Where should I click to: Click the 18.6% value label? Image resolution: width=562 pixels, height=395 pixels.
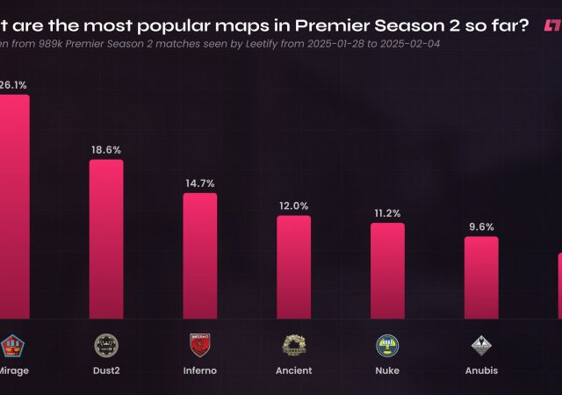[x=106, y=150]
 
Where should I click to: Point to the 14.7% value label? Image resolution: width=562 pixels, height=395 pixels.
[x=199, y=183]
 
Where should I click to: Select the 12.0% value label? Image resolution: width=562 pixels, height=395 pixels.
[x=293, y=206]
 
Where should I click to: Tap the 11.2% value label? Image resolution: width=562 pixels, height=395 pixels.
[x=387, y=213]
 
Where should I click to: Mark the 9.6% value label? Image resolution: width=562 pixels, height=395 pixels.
[x=481, y=227]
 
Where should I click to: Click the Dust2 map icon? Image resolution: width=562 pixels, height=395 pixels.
[x=106, y=343]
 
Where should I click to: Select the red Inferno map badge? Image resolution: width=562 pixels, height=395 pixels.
[x=199, y=343]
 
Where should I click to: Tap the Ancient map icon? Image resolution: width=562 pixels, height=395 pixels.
[x=293, y=343]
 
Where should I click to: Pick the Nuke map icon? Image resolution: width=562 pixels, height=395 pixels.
[x=387, y=343]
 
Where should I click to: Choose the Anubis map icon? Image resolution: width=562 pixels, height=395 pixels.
[x=481, y=343]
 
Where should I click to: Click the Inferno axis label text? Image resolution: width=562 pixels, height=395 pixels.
[x=199, y=370]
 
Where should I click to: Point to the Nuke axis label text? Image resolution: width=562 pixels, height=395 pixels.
[x=387, y=370]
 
